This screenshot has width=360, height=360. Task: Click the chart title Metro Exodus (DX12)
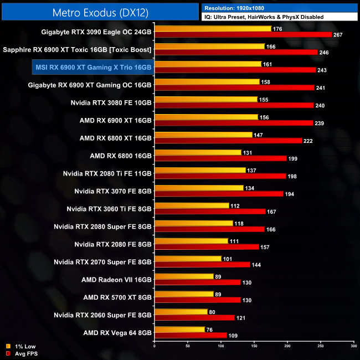click(100, 11)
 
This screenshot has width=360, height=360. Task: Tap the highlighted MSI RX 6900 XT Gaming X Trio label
click(93, 67)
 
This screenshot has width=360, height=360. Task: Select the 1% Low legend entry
click(22, 346)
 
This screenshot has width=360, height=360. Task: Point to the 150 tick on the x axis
click(254, 346)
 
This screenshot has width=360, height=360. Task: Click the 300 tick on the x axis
click(353, 346)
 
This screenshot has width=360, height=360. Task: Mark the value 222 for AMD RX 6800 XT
click(308, 141)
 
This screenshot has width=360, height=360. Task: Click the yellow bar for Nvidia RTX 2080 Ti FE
click(200, 170)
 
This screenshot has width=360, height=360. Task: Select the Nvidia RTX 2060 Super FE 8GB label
click(103, 315)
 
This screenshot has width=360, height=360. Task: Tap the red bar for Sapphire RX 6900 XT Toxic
click(236, 52)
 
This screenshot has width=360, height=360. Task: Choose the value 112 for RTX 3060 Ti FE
click(235, 205)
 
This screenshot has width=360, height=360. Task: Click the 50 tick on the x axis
click(188, 346)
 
